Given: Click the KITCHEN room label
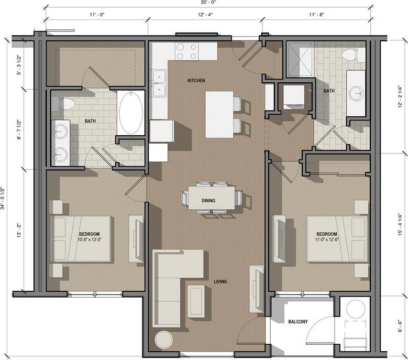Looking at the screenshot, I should [x=197, y=80].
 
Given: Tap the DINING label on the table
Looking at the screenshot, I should [x=209, y=200].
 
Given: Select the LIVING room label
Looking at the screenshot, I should [x=220, y=282].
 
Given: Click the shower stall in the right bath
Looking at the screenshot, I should [x=300, y=59].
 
